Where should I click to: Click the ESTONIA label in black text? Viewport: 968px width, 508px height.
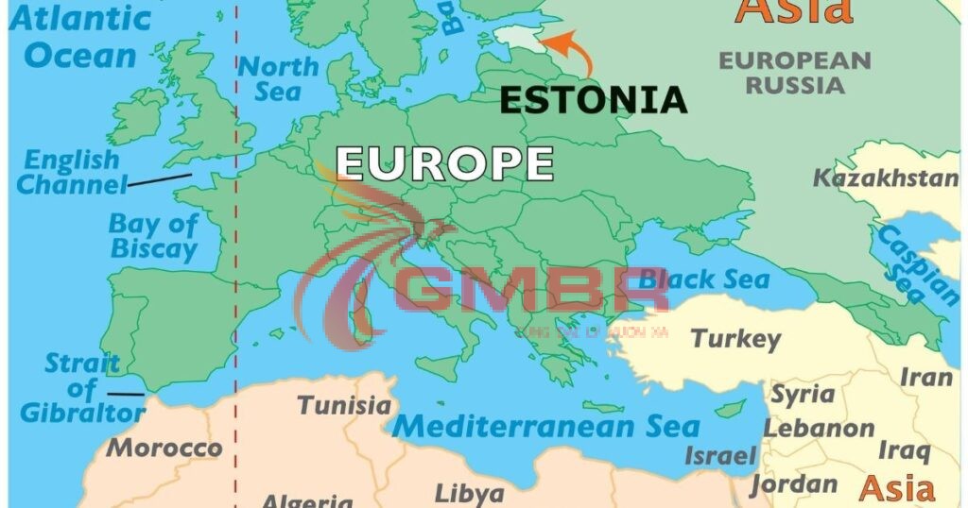click(x=593, y=100)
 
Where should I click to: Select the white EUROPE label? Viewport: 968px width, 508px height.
click(x=444, y=162)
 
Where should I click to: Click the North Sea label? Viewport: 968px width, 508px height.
click(x=278, y=79)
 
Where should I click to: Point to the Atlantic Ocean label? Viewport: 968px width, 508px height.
click(x=80, y=36)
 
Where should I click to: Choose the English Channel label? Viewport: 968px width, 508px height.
click(x=72, y=172)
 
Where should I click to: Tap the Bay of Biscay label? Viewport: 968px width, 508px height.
click(x=153, y=237)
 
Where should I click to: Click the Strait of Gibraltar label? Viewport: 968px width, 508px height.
click(x=82, y=388)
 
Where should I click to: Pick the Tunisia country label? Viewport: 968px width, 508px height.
click(x=344, y=406)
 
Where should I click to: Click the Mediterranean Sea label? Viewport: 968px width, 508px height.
click(x=545, y=426)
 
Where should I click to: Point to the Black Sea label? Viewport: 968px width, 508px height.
click(x=703, y=279)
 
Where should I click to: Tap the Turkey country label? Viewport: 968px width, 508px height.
click(x=735, y=338)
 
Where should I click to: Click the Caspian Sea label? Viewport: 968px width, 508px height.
click(x=915, y=264)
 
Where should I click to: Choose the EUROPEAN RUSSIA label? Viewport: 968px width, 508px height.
click(x=794, y=73)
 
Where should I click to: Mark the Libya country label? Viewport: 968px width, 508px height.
click(x=469, y=493)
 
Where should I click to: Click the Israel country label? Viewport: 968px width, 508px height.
click(x=720, y=456)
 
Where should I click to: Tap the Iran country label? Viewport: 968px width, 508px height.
click(x=925, y=378)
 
